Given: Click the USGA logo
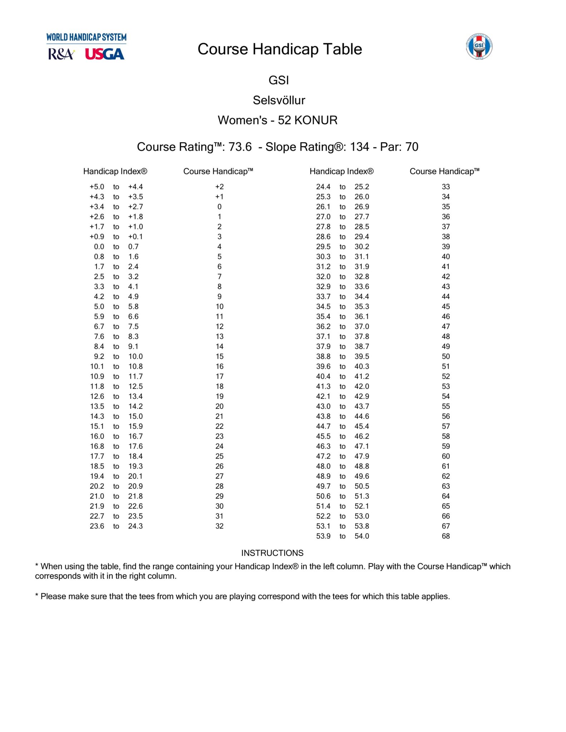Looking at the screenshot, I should click(x=104, y=54).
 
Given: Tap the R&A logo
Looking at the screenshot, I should click(x=61, y=54).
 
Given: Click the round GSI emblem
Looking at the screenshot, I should click(x=479, y=46).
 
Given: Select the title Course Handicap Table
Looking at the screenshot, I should click(x=280, y=49).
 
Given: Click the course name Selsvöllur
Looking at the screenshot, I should click(x=279, y=100).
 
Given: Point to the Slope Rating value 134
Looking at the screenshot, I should click(x=359, y=147).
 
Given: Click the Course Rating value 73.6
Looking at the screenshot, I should click(x=240, y=147).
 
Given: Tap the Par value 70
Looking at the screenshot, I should click(x=412, y=147).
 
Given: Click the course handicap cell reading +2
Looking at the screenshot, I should click(x=219, y=187).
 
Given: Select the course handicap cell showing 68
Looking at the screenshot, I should click(x=446, y=536).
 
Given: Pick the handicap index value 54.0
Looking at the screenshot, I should click(x=362, y=536).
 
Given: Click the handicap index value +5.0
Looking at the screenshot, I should click(x=97, y=187).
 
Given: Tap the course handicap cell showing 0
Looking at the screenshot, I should click(x=219, y=207).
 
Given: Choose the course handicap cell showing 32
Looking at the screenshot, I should click(x=219, y=526).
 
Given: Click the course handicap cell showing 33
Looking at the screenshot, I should click(x=446, y=187).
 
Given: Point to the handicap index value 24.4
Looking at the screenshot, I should click(x=323, y=187).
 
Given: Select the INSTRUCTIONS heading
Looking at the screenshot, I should click(x=272, y=553).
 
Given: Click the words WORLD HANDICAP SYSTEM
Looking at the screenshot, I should click(x=86, y=37).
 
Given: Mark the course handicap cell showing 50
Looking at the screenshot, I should click(x=446, y=357).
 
